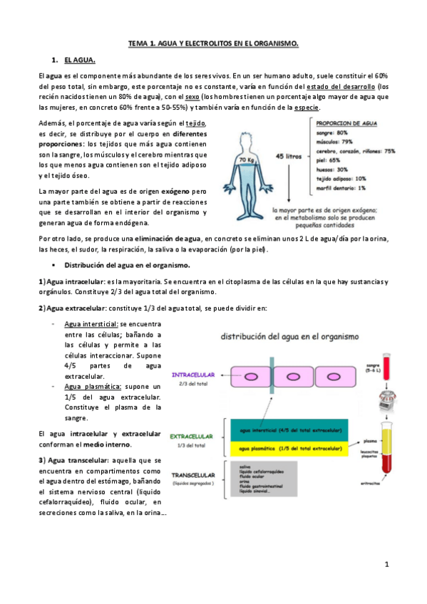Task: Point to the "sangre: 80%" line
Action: tap(334, 133)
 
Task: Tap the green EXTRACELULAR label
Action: tap(192, 435)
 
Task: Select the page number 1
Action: tap(386, 564)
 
